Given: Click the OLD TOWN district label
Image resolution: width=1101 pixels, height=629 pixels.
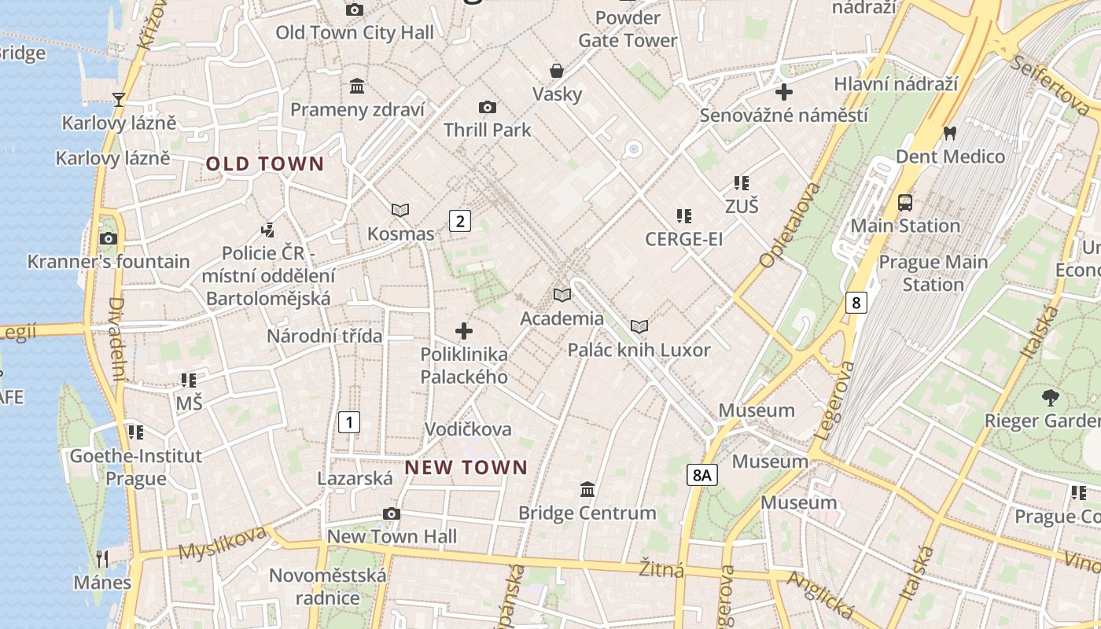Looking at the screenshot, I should tap(264, 164).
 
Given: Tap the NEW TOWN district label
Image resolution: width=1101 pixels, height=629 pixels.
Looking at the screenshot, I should tap(466, 467).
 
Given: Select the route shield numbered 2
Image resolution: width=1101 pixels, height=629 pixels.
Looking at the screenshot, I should tap(460, 221).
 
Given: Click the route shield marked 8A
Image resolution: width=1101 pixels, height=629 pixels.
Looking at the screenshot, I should tap(702, 475).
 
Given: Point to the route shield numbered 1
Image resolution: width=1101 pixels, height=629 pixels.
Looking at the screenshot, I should tap(348, 422).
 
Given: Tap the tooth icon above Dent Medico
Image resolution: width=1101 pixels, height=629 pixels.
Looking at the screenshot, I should tap(949, 134).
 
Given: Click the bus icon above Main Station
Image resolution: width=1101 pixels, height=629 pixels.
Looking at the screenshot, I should tap(905, 203).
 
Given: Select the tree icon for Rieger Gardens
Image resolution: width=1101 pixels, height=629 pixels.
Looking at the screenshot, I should tap(1050, 397).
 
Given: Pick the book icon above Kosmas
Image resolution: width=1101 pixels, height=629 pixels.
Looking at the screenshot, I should tap(400, 210).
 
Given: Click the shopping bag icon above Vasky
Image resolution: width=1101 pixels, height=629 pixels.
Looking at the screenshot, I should tap(557, 71).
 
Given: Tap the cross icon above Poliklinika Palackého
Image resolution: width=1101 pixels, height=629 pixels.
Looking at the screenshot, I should tap(464, 331).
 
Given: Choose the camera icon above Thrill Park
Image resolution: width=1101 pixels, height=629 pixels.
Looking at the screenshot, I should tap(488, 107).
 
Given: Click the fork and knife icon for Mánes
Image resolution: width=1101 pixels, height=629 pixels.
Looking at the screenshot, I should tap(102, 559).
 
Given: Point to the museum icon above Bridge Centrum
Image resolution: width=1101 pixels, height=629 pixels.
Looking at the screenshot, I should tap(587, 490).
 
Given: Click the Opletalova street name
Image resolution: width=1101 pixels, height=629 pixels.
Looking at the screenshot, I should tap(790, 224).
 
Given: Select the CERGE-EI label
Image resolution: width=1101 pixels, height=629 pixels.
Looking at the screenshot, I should tap(683, 239).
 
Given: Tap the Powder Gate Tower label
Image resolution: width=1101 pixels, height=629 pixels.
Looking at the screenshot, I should tap(628, 29).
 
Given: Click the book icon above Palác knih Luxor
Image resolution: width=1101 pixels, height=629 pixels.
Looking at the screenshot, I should tap(639, 326).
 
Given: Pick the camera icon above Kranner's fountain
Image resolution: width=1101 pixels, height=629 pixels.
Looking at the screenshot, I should tap(109, 238).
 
